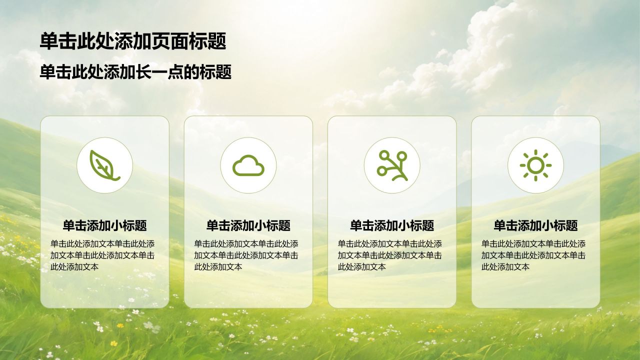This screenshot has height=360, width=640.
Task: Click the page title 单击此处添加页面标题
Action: [133, 41]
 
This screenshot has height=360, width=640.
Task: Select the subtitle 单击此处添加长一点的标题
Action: [135, 71]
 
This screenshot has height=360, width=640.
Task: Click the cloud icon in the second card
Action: [248, 165]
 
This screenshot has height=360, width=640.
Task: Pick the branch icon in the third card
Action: [392, 165]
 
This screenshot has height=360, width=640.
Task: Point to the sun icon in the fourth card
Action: [535, 165]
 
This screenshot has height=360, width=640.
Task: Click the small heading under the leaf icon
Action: [104, 225]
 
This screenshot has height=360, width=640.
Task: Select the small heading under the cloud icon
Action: [248, 225]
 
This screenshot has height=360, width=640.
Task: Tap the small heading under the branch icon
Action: [392, 225]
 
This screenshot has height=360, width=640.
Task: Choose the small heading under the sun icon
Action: [535, 225]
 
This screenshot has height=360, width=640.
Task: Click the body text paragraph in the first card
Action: [102, 255]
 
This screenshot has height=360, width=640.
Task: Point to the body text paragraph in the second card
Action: [246, 255]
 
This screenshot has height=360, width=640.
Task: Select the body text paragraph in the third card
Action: [390, 255]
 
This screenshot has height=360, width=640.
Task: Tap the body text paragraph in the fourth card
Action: [533, 255]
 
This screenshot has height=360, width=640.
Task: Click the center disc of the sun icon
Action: [535, 165]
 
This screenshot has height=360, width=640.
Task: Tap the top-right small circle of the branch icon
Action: [402, 156]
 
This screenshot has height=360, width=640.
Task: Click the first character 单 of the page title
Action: [49, 41]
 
